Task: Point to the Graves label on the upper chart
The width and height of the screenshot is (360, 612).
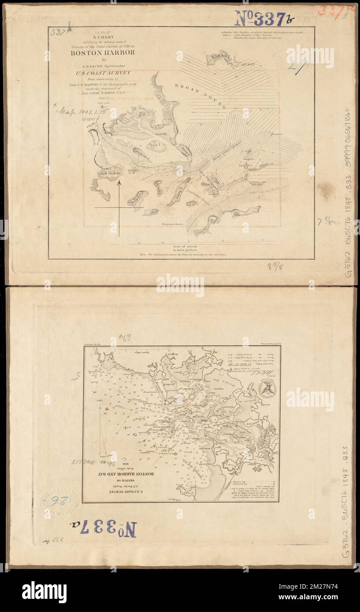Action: (277, 133)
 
